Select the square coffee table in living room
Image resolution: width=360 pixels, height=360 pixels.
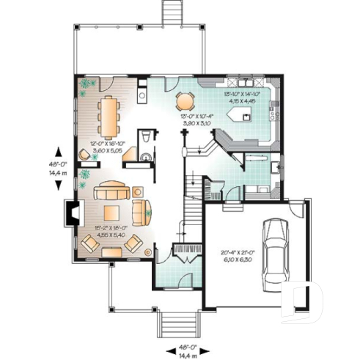(112, 213)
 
